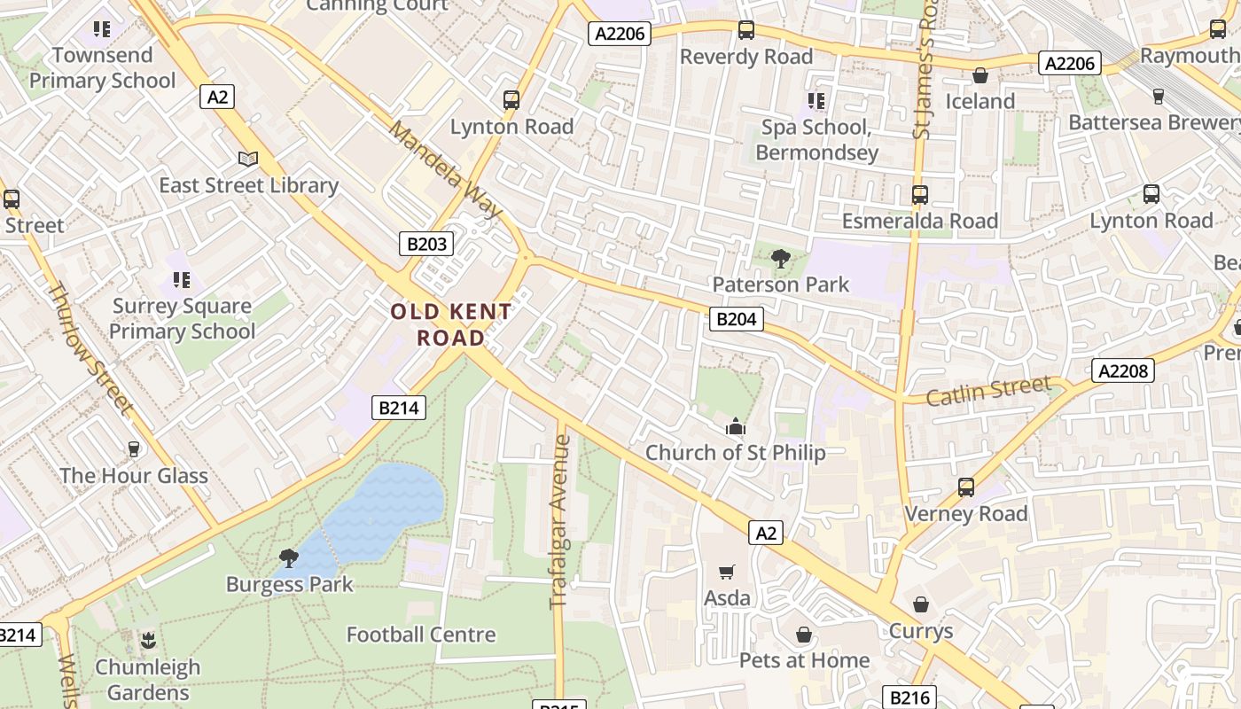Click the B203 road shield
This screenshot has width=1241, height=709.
tap(426, 244)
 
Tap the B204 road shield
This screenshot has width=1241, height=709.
tap(736, 319)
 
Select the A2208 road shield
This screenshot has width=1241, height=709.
tap(1123, 370)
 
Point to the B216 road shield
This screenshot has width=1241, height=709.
tap(909, 697)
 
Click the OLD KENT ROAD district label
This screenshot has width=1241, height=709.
tap(451, 324)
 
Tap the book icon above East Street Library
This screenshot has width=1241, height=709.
tap(248, 159)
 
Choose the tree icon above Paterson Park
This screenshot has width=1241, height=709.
tap(781, 259)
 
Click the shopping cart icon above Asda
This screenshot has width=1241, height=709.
tap(727, 573)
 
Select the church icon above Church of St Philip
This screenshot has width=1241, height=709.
tap(736, 427)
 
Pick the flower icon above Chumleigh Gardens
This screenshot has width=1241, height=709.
tap(148, 640)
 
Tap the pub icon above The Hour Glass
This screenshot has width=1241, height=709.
tap(134, 449)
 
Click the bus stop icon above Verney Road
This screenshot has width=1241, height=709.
tap(965, 487)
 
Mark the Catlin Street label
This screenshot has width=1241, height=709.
tap(988, 390)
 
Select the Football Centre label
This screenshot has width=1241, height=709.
tap(421, 635)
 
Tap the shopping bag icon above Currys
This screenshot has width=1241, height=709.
tap(921, 605)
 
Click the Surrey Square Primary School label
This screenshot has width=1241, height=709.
tap(182, 319)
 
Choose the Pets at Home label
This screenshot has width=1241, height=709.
tap(804, 660)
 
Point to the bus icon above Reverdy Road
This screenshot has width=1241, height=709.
tap(746, 30)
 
